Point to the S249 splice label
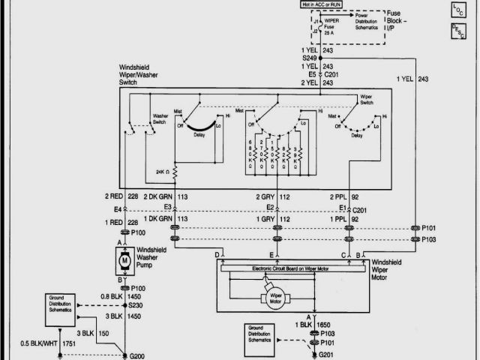[x=310, y=57]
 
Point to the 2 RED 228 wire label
[x=121, y=197]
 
